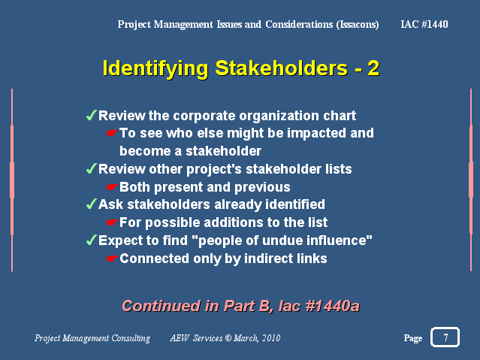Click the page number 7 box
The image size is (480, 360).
coord(445,337)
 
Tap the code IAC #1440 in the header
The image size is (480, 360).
coord(424,24)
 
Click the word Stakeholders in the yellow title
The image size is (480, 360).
coord(282,68)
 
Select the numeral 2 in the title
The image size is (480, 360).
coord(373,68)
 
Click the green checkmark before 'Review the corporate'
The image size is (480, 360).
coord(92,116)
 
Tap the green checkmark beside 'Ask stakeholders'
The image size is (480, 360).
coord(92,204)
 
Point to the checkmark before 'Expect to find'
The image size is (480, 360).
coord(92,241)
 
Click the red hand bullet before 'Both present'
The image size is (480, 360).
coord(112,187)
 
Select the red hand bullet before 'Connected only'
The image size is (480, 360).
coord(112,259)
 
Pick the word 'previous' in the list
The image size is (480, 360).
coord(262,187)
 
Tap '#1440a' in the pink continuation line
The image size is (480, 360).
coord(332,306)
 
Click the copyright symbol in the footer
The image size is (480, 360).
coord(228,338)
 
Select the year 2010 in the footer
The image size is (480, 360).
coord(271,338)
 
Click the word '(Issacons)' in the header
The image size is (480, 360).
coord(358,25)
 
